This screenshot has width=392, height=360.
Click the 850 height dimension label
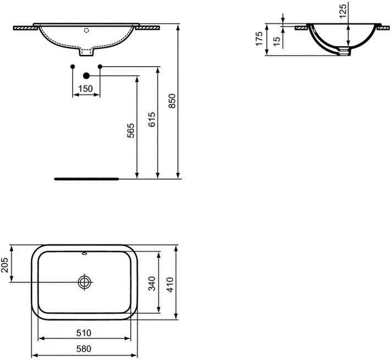point(172,101)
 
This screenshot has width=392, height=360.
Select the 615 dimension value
point(152,119)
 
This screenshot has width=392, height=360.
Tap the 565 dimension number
point(130,130)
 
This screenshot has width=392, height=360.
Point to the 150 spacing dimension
point(85,89)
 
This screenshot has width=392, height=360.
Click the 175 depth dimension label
point(259,39)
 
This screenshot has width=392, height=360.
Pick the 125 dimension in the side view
point(343,11)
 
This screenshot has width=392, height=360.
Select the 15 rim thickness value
point(277,41)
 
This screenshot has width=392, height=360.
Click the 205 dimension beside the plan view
point(4,265)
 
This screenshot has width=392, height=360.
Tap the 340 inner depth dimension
point(152,283)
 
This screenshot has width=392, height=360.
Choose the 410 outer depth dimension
point(170,285)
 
